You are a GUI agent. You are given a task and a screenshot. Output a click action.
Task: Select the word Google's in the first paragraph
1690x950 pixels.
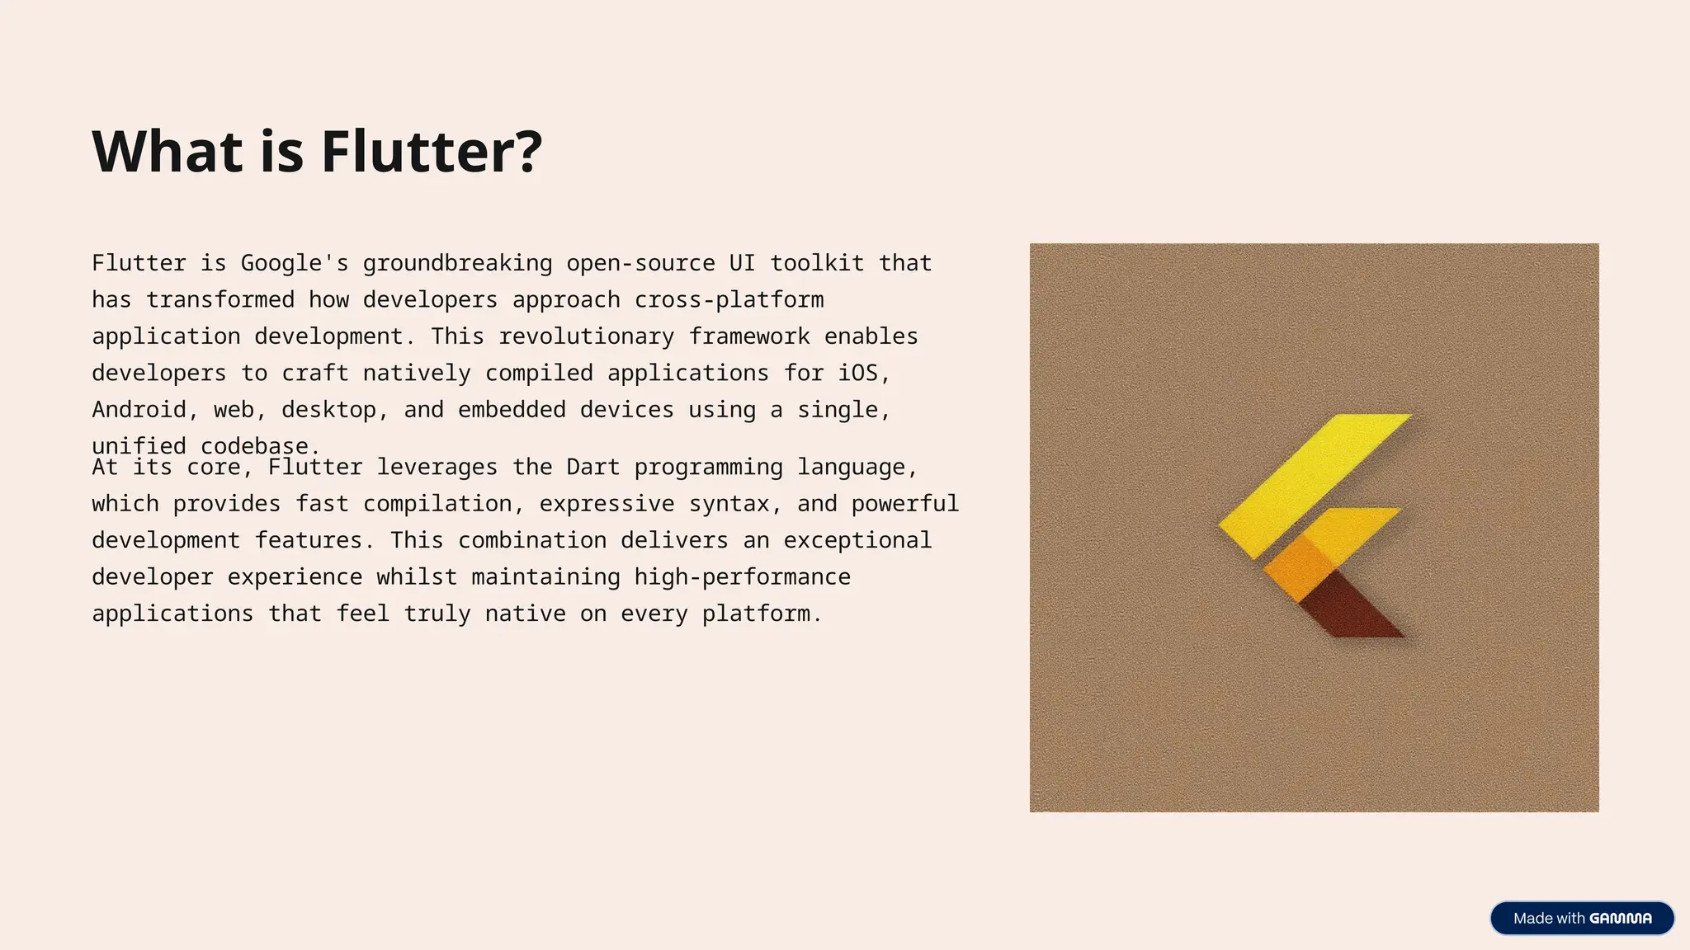pyautogui.click(x=295, y=263)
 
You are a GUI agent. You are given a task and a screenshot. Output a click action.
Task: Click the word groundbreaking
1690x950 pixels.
pyautogui.click(x=457, y=263)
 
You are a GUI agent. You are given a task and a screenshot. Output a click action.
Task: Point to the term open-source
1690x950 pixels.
pyautogui.click(x=640, y=263)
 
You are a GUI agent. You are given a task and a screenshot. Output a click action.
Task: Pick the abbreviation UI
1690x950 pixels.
pyautogui.click(x=742, y=263)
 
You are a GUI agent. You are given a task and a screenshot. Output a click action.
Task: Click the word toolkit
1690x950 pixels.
pyautogui.click(x=817, y=263)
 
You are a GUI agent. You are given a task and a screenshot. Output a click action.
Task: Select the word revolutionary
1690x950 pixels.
pyautogui.click(x=586, y=336)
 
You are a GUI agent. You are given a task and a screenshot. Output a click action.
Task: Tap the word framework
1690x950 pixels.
pyautogui.click(x=749, y=336)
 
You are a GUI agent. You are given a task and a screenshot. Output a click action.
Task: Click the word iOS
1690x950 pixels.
pyautogui.click(x=858, y=373)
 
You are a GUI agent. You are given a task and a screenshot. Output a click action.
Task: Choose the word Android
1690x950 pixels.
pyautogui.click(x=139, y=410)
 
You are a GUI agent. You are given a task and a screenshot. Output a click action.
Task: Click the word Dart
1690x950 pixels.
pyautogui.click(x=592, y=467)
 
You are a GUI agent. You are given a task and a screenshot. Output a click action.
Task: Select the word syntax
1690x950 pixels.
pyautogui.click(x=729, y=504)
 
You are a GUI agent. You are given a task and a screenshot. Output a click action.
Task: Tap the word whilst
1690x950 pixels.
pyautogui.click(x=417, y=577)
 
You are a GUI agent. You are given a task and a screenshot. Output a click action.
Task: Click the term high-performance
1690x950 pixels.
pyautogui.click(x=742, y=577)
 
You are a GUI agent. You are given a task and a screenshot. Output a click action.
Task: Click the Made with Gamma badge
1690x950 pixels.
pyautogui.click(x=1581, y=919)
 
